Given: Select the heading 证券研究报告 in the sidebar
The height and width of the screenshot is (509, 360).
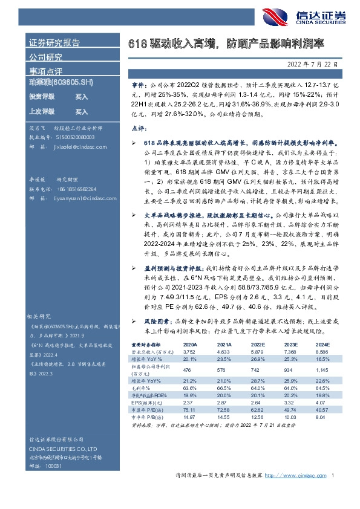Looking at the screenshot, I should click(x=54, y=43).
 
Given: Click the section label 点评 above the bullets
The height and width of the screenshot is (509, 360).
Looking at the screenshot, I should click(x=138, y=129).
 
